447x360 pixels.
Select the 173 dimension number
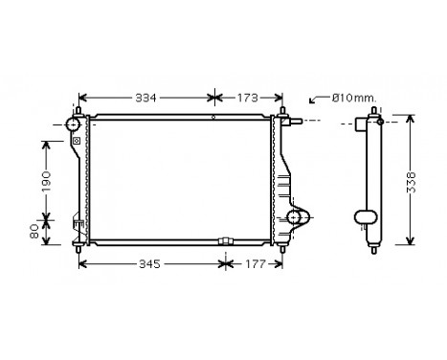(246, 98)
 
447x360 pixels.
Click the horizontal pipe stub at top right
(297, 122)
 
